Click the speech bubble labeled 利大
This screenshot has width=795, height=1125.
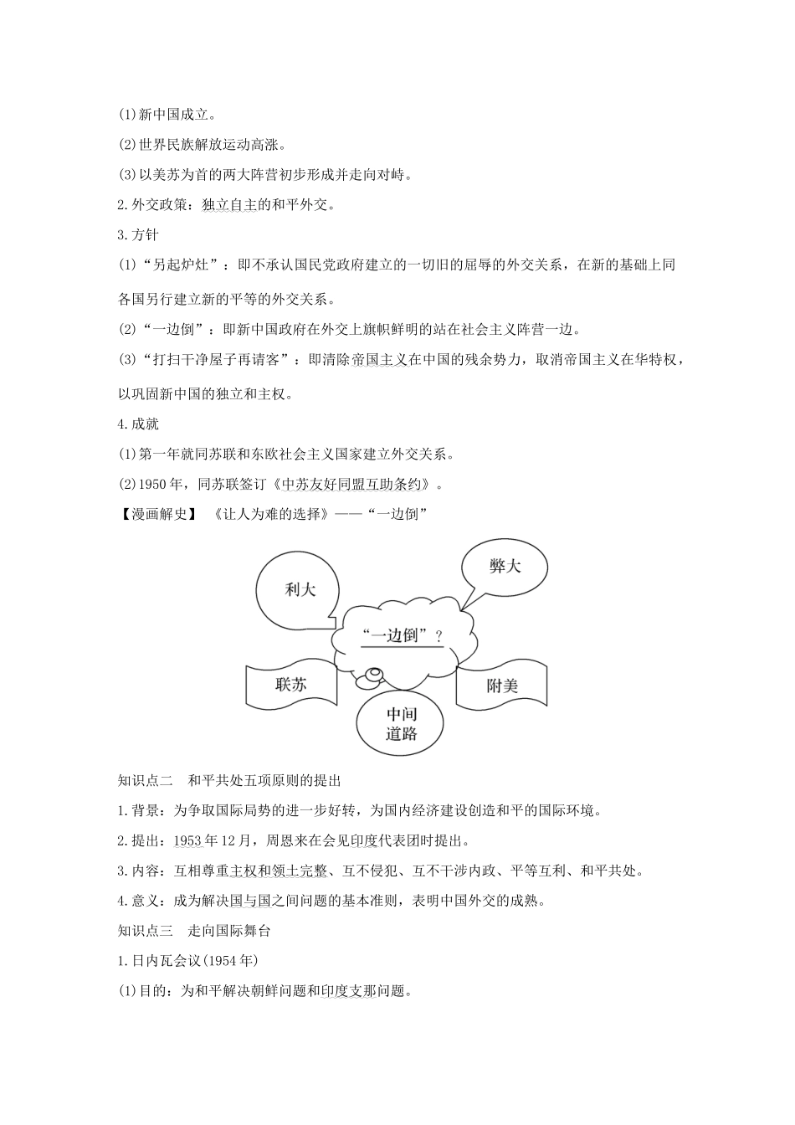click(x=299, y=589)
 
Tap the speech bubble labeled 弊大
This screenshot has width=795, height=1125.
click(x=504, y=567)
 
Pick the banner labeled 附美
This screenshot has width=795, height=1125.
click(x=502, y=686)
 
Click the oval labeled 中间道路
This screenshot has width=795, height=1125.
click(x=401, y=724)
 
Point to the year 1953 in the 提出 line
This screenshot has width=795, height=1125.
click(x=189, y=840)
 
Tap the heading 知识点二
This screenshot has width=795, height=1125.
click(x=146, y=781)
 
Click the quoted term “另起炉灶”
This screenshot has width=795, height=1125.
click(x=182, y=265)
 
